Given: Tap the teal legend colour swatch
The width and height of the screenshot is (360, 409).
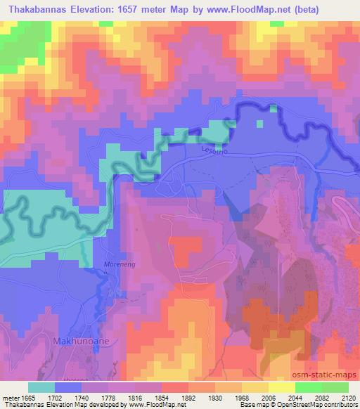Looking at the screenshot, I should point(41,387).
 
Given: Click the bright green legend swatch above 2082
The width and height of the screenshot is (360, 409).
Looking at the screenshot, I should point(307,387).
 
